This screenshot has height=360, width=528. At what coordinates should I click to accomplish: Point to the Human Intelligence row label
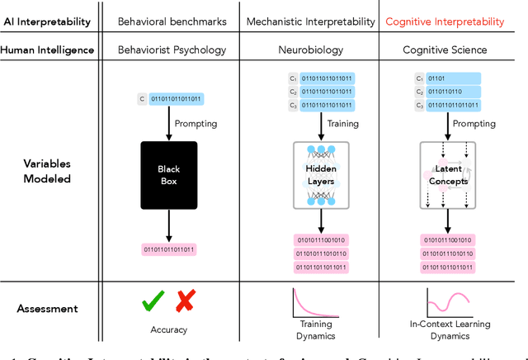click(x=47, y=50)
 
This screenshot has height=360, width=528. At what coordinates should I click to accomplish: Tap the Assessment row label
click(x=47, y=308)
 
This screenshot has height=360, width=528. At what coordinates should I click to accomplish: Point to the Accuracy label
click(x=169, y=330)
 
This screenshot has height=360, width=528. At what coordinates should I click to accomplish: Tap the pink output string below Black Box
click(x=169, y=249)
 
